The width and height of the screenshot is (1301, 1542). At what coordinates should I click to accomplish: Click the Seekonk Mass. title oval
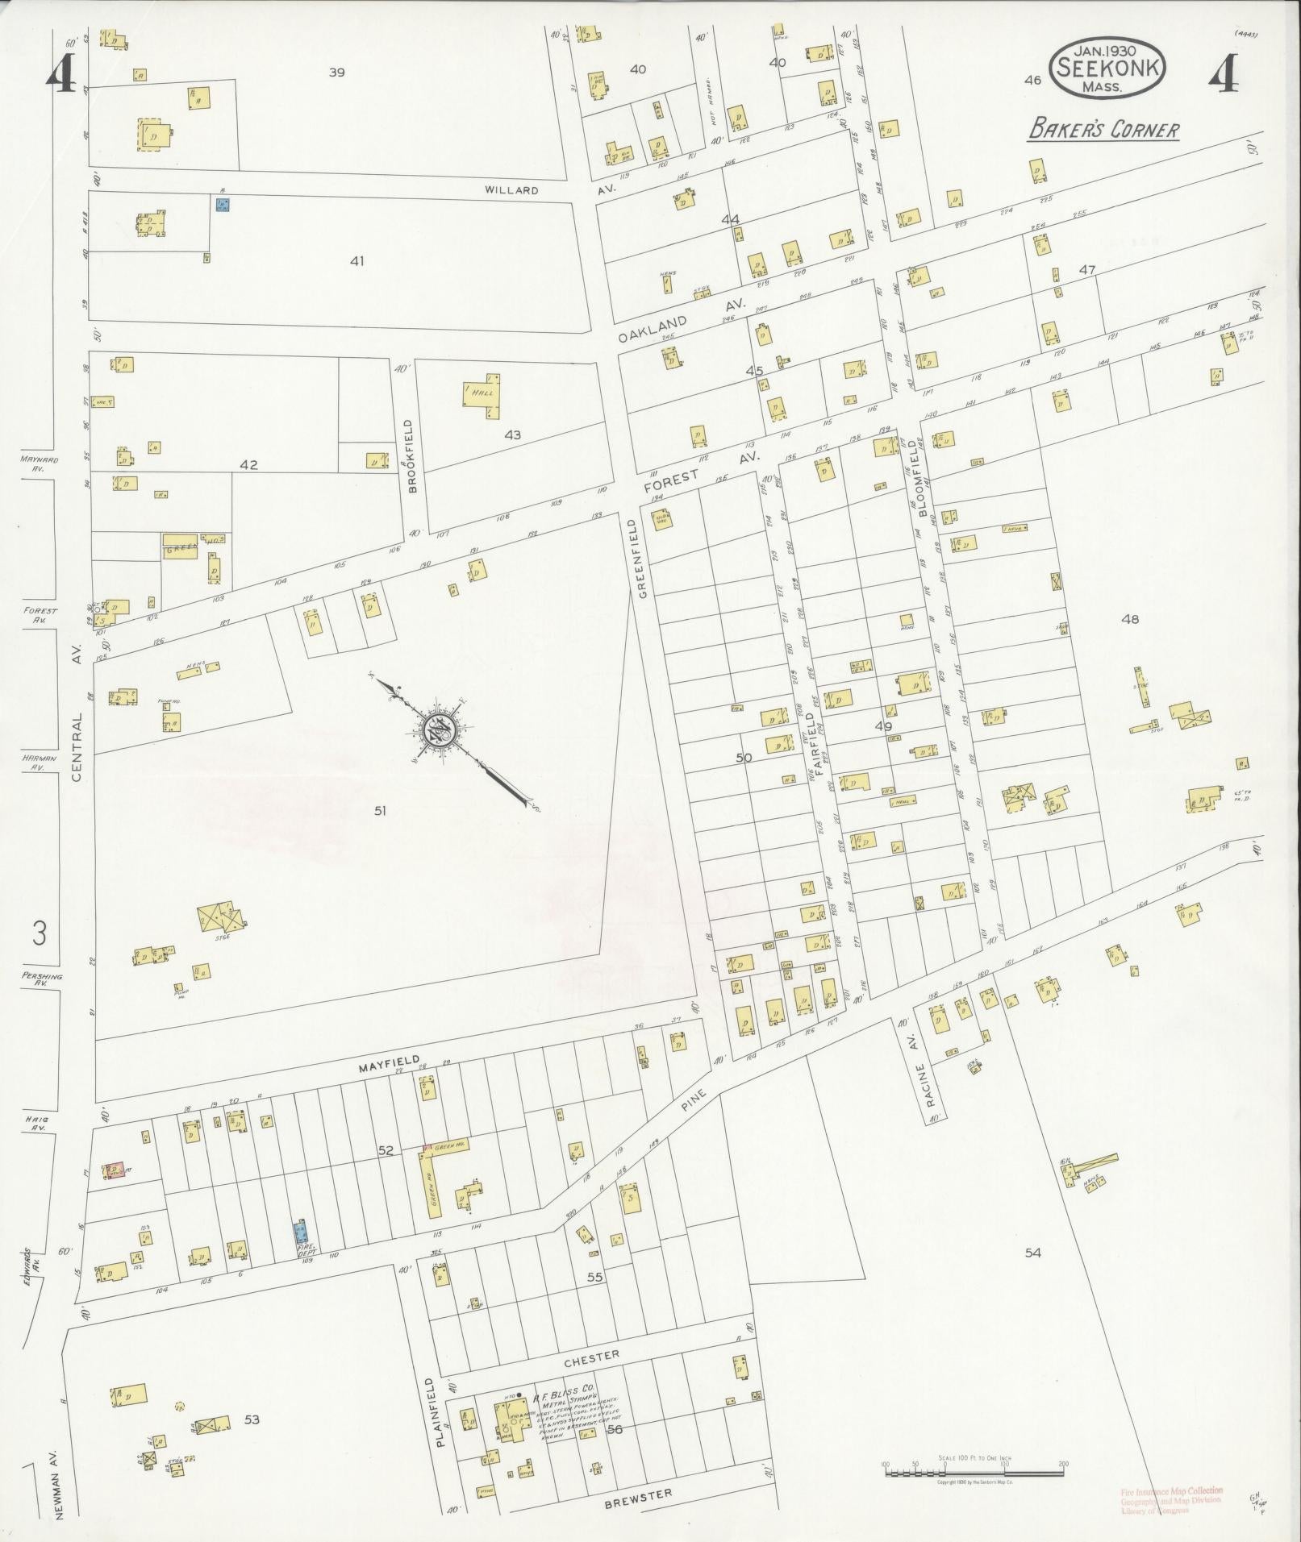click(x=1107, y=69)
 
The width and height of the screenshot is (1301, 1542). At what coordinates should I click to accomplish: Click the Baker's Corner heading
click(x=1103, y=130)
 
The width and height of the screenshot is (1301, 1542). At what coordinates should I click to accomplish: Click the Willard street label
click(x=511, y=190)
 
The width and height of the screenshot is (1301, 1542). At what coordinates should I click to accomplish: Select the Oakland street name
click(x=653, y=330)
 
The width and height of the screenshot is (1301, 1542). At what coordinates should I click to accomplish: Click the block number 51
click(x=380, y=811)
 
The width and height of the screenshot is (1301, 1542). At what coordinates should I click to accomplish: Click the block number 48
click(x=1129, y=619)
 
